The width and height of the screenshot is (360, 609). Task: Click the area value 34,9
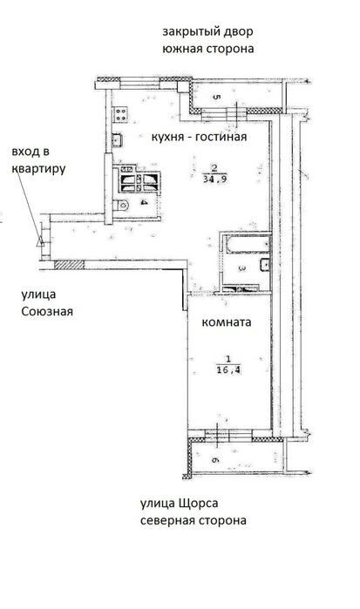pos(215,179)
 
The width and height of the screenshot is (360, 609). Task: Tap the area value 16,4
pos(228,370)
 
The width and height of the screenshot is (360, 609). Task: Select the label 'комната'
pos(227,322)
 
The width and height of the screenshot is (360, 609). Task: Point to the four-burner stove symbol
pos(120,114)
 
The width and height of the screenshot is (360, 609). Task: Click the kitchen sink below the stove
pos(117,139)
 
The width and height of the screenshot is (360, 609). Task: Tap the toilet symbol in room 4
pos(120,205)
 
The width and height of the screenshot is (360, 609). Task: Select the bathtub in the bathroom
pos(248,245)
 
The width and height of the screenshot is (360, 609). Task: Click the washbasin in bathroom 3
pos(265,264)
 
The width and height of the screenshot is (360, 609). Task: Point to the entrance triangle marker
pos(40,242)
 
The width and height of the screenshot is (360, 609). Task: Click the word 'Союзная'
pos(47,312)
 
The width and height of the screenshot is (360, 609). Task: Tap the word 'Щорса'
pos(198,504)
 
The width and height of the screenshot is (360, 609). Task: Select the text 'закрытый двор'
pos(207,31)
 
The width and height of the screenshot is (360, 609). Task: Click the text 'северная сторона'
pos(194,520)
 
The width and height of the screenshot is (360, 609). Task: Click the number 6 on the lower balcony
pos(216,460)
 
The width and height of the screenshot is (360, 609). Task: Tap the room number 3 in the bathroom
pos(241,268)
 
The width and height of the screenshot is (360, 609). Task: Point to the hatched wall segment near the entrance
pos(69,265)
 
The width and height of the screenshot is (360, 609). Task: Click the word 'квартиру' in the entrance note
pos(38,169)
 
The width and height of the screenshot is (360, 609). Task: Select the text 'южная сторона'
pos(208,49)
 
